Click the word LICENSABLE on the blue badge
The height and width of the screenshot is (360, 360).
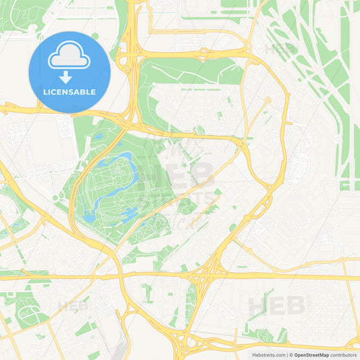[70, 92]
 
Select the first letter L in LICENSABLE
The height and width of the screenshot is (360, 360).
[45, 92]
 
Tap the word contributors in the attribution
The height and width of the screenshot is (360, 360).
[344, 355]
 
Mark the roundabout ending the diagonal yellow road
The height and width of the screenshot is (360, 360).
[267, 101]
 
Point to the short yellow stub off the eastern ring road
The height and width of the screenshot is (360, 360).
[289, 124]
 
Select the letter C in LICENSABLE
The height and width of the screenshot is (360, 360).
[55, 92]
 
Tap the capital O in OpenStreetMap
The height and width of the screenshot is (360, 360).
[295, 355]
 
